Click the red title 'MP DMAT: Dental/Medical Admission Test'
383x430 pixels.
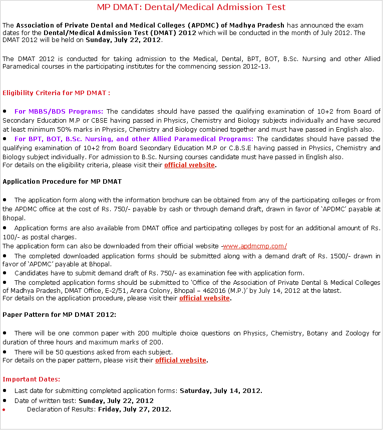191,7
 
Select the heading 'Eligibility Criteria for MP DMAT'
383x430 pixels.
56,93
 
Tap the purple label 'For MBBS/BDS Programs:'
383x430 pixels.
59,111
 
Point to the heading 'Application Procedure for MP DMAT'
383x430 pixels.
62,181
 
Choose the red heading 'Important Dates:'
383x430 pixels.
32,379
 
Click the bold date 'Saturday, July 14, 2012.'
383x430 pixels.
221,390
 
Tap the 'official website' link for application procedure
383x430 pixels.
205,298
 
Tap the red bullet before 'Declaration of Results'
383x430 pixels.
5,409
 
